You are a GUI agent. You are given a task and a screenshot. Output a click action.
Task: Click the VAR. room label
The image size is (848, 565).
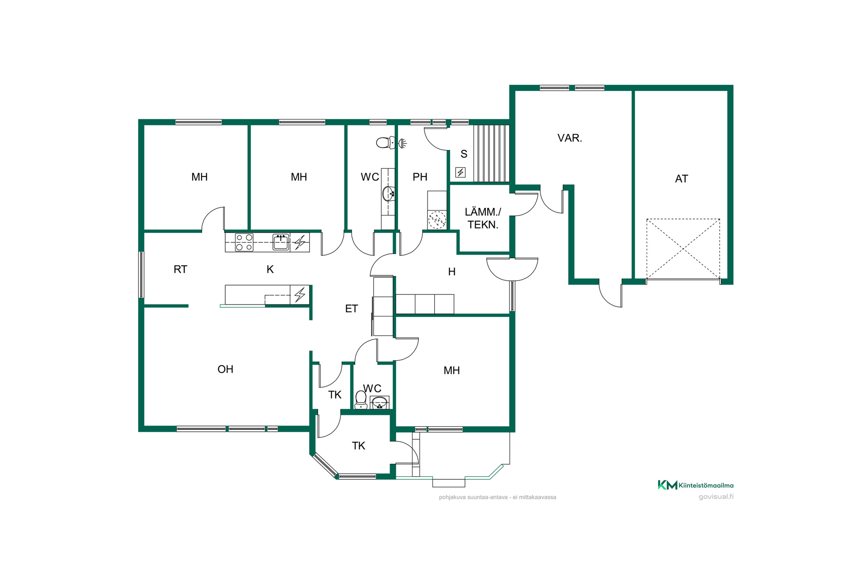click(570, 138)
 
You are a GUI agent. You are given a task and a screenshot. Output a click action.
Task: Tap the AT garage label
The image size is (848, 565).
click(681, 179)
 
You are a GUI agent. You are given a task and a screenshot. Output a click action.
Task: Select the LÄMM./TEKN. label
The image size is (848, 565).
click(483, 218)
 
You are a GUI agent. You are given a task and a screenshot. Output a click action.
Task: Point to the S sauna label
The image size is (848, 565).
click(464, 154)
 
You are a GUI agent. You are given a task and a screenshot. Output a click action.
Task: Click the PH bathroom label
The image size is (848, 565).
click(420, 177)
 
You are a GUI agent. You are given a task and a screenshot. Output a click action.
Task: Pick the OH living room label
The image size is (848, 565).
click(225, 369)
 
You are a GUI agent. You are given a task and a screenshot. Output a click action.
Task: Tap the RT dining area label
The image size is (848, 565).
click(180, 269)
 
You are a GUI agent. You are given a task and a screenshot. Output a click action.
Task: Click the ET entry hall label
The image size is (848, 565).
click(352, 309)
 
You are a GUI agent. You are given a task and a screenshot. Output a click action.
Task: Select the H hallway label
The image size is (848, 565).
click(452, 272)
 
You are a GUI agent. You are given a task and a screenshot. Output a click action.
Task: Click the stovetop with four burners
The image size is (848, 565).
click(244, 242)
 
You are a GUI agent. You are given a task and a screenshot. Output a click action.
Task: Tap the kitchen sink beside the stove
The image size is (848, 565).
click(281, 242)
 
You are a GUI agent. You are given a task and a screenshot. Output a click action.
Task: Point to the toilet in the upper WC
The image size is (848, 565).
click(383, 143)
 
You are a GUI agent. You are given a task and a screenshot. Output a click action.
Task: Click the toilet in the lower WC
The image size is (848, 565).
click(361, 400)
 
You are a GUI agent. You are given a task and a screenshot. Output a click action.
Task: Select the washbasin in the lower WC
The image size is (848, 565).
click(379, 403)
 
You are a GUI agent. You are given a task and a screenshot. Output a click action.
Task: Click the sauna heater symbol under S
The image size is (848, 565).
click(461, 172)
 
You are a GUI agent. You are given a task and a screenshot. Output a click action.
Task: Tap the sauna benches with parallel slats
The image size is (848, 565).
click(492, 153)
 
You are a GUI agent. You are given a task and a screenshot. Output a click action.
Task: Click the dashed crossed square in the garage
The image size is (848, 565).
click(683, 249)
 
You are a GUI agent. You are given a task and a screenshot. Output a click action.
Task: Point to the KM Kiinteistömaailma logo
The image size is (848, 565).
click(696, 485)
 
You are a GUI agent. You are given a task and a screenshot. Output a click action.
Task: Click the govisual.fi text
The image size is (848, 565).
click(716, 497)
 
